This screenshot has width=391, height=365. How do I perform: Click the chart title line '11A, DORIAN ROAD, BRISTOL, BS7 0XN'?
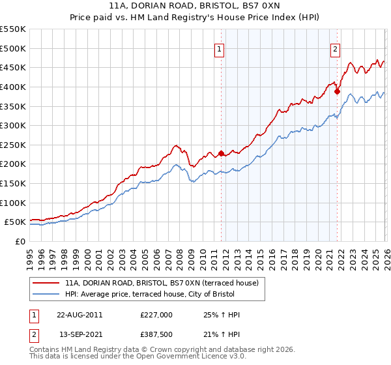[x=195, y=8]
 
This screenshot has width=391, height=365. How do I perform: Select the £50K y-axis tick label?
[x=15, y=222]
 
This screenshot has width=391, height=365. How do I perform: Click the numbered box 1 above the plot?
[x=220, y=48]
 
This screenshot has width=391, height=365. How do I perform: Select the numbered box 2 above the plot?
[x=335, y=48]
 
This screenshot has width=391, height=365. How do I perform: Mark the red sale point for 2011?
[x=221, y=154]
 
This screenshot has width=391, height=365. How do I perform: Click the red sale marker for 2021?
[x=337, y=91]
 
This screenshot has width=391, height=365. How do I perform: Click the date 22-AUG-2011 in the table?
[x=80, y=315]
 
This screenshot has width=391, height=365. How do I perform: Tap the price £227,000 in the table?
[x=156, y=315]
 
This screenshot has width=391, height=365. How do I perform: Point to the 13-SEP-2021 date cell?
[x=80, y=334]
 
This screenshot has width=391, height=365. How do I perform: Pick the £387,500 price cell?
[x=156, y=334]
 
